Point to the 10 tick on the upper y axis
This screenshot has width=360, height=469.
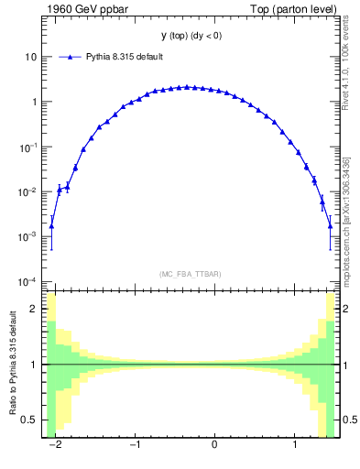tap(30, 57)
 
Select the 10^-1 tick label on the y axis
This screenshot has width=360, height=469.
tap(28, 147)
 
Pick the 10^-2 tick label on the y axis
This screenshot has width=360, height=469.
tap(28, 191)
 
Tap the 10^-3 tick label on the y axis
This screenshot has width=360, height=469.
tap(28, 236)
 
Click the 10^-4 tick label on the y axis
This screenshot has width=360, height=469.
tap(28, 281)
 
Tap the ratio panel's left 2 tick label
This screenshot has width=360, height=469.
tap(33, 309)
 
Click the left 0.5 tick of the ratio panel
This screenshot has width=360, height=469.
tap(29, 420)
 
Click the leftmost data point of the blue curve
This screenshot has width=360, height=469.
tap(51, 225)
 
